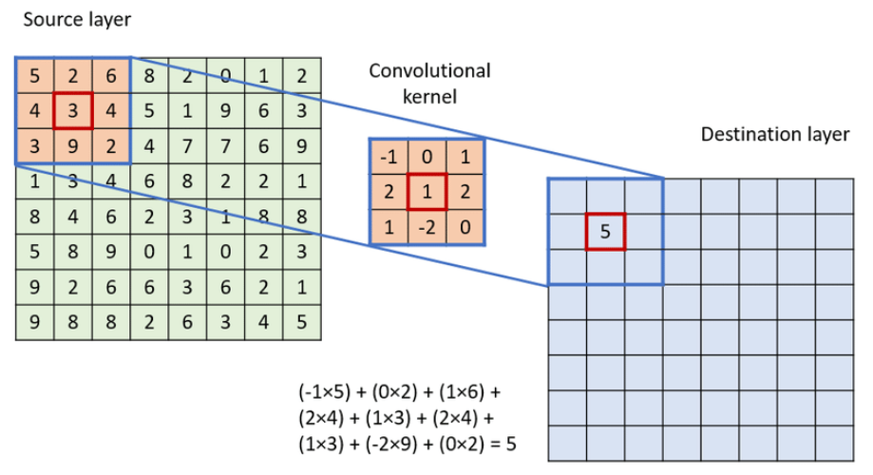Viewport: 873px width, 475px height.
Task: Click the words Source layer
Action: [65, 19]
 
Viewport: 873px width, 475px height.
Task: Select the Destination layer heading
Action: [774, 134]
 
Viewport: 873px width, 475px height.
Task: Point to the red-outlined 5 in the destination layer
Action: [605, 231]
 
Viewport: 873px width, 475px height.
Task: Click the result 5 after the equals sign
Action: [511, 444]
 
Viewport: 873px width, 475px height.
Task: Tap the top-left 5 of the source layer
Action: [34, 75]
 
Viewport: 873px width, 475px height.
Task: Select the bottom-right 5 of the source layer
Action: [301, 322]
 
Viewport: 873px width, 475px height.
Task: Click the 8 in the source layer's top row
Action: [148, 75]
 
